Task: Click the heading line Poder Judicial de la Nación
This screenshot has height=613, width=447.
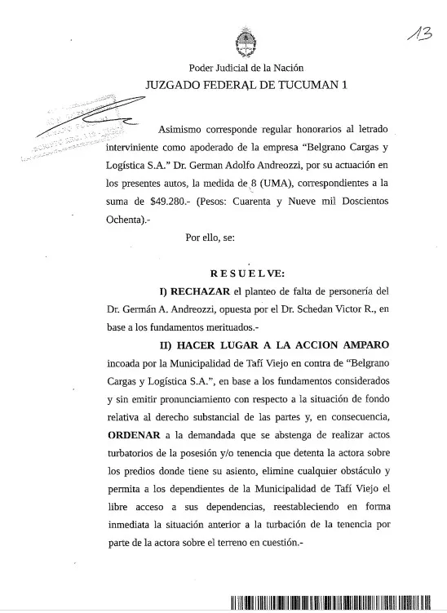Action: [246, 68]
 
